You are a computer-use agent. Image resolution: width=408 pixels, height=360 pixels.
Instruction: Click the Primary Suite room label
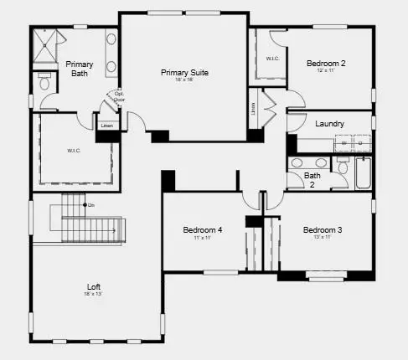(x=184, y=73)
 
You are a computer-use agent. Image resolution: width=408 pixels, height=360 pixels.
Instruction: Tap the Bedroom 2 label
(x=326, y=63)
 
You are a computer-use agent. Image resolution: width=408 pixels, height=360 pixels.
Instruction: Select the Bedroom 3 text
(x=323, y=229)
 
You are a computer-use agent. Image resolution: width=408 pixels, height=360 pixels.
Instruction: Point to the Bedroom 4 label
(x=203, y=229)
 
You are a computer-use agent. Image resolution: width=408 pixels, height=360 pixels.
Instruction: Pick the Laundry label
(x=329, y=124)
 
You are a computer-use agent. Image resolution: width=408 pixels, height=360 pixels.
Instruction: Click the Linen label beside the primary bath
(x=106, y=126)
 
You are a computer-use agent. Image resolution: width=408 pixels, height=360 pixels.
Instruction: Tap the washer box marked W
(x=343, y=144)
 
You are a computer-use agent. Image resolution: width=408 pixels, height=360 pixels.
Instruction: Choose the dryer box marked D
(x=359, y=144)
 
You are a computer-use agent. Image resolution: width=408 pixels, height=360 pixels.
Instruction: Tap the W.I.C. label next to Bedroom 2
(x=271, y=59)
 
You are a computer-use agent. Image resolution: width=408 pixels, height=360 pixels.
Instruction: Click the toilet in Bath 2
(x=343, y=167)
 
